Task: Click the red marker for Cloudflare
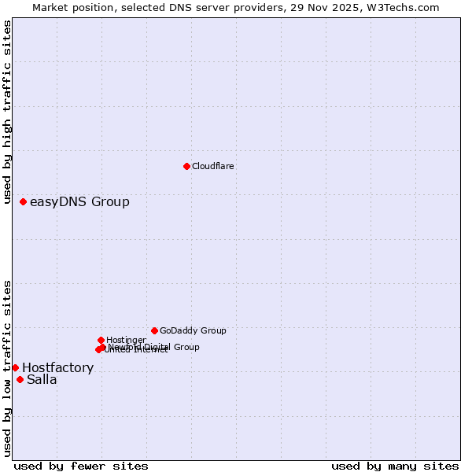click(x=186, y=166)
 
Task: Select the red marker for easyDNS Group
click(x=24, y=202)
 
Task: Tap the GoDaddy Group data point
click(x=154, y=330)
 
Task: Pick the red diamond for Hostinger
click(x=101, y=340)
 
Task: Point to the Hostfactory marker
click(x=15, y=367)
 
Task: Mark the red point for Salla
click(x=20, y=379)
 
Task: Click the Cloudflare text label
click(x=213, y=166)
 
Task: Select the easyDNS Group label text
click(x=79, y=202)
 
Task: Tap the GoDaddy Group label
click(x=193, y=330)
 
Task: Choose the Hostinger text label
click(x=126, y=340)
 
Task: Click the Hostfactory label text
click(x=57, y=367)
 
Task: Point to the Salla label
click(x=42, y=380)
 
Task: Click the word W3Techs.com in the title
click(x=402, y=7)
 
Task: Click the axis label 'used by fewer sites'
click(x=81, y=466)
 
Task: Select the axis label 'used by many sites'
click(x=395, y=466)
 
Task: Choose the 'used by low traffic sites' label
click(x=7, y=368)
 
